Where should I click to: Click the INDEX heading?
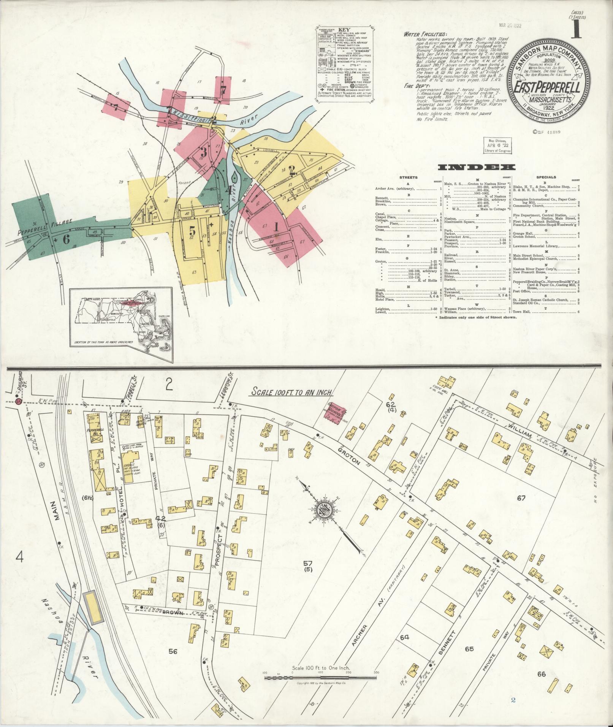pyautogui.click(x=477, y=168)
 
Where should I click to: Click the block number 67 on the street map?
pyautogui.click(x=521, y=497)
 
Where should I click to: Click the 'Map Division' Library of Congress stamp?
pyautogui.click(x=497, y=146)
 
